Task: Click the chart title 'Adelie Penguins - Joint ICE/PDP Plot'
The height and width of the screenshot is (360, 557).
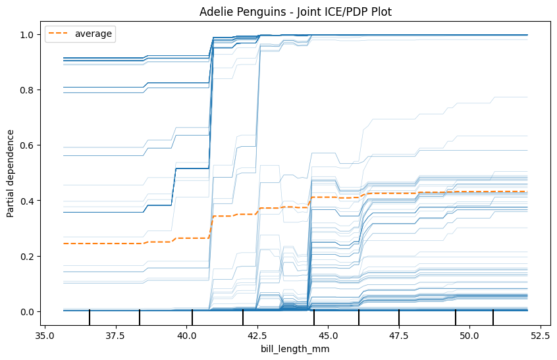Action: (295, 12)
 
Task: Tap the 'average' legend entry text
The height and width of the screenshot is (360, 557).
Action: (93, 34)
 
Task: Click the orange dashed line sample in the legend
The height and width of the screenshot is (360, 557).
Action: (57, 34)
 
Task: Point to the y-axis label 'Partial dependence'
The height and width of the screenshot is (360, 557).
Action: (11, 174)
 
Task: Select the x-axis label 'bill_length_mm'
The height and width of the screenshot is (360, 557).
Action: (295, 349)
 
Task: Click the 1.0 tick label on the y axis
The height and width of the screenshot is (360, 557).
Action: (27, 35)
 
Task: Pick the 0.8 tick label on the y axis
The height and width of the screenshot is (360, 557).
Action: (27, 90)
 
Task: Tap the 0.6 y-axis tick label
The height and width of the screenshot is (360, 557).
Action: (27, 145)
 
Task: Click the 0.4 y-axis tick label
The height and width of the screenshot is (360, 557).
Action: (27, 201)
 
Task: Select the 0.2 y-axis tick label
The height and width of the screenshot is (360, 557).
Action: (27, 256)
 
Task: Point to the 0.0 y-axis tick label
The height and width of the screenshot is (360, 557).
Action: (27, 312)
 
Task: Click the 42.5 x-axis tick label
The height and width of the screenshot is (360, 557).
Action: (257, 335)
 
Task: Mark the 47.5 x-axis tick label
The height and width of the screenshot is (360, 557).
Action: (399, 335)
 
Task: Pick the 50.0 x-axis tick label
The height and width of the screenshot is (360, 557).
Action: (469, 335)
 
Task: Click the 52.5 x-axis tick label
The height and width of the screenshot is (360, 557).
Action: (541, 335)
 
